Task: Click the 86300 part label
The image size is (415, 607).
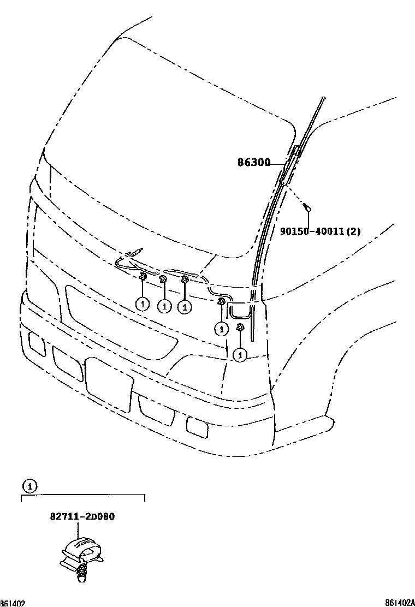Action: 254,162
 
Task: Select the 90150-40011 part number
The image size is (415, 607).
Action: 312,231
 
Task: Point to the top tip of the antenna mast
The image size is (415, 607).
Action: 324,98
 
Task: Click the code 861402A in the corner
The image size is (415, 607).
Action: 399,603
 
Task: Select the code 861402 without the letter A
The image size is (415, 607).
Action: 13,603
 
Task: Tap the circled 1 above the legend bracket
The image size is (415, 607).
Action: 29,485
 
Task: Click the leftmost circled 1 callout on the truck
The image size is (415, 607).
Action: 142,303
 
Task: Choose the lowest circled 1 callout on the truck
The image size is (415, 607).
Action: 239,355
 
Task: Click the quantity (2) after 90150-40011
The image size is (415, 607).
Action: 353,231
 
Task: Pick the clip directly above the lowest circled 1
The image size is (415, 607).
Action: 239,328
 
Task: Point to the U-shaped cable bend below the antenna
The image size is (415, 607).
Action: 240,312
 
